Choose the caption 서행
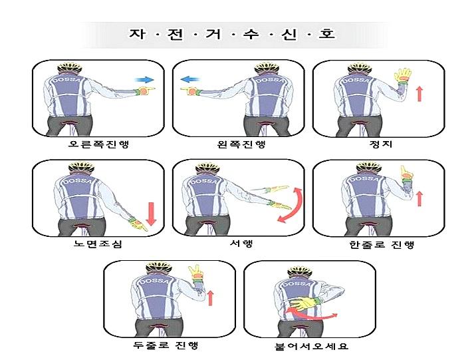pyautogui.click(x=240, y=244)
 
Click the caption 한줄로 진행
pyautogui.click(x=381, y=245)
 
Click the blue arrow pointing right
pyautogui.click(x=144, y=79)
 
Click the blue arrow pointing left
pyautogui.click(x=191, y=79)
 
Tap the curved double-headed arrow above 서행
pyautogui.click(x=291, y=205)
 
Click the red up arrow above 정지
pyautogui.click(x=419, y=93)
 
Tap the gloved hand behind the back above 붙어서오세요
pyautogui.click(x=304, y=305)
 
